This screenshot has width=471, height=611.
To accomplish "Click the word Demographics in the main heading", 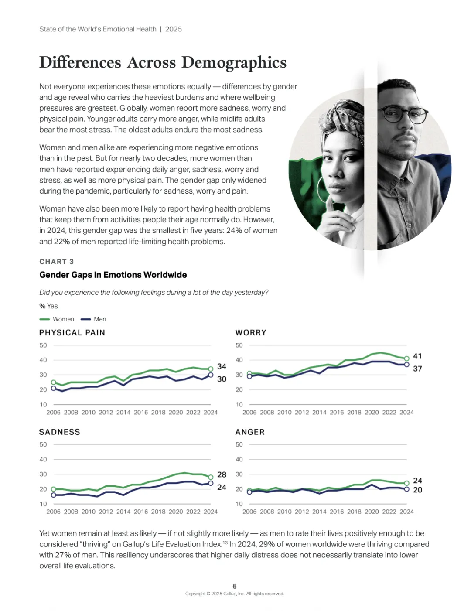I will pos(234,63).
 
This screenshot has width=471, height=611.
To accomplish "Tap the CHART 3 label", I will pos(57,262).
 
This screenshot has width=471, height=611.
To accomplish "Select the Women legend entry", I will pos(57,319).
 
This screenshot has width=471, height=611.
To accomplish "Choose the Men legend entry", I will pos(94,319).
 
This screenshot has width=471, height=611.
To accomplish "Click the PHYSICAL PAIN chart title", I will pos(72,333).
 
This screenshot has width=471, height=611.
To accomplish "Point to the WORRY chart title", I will pos(251,333).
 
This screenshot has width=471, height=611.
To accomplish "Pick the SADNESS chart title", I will pos(60,432).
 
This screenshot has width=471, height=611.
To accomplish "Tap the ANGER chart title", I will pos(250,432).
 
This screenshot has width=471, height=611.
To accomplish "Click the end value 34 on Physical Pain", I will pos(222,367).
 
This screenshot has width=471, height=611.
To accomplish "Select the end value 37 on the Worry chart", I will pos(417,369).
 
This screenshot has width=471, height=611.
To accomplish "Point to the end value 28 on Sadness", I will pos(222,474).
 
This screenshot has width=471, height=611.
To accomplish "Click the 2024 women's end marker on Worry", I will pos(406,358).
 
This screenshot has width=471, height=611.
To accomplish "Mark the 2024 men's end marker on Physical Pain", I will pos(211,375).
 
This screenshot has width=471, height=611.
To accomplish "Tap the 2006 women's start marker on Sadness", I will pos(54,489).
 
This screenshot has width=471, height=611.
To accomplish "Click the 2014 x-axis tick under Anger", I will pos(319,512).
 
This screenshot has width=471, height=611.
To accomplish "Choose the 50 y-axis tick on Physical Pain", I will pos(43,345).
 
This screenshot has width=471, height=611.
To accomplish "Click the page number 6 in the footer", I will pos(235,586).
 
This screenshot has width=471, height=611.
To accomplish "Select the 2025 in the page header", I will pos(174,29).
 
